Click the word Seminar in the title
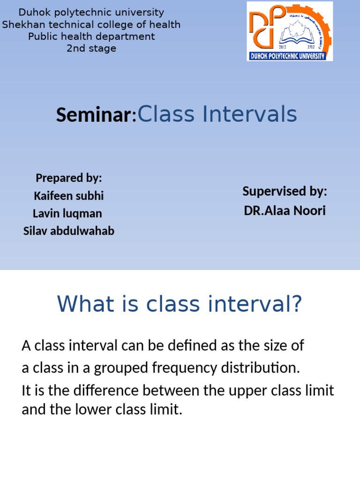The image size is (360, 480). click(x=95, y=115)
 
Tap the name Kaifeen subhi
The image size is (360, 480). click(x=69, y=195)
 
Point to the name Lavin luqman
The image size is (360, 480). click(x=67, y=213)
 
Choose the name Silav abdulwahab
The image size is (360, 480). click(x=69, y=231)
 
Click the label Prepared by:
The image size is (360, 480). click(x=69, y=178)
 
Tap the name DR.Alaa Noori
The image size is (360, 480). click(x=285, y=210)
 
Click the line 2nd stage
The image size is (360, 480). click(x=91, y=48)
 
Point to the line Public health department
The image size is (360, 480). click(x=91, y=37)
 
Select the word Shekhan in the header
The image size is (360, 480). click(x=22, y=24)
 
